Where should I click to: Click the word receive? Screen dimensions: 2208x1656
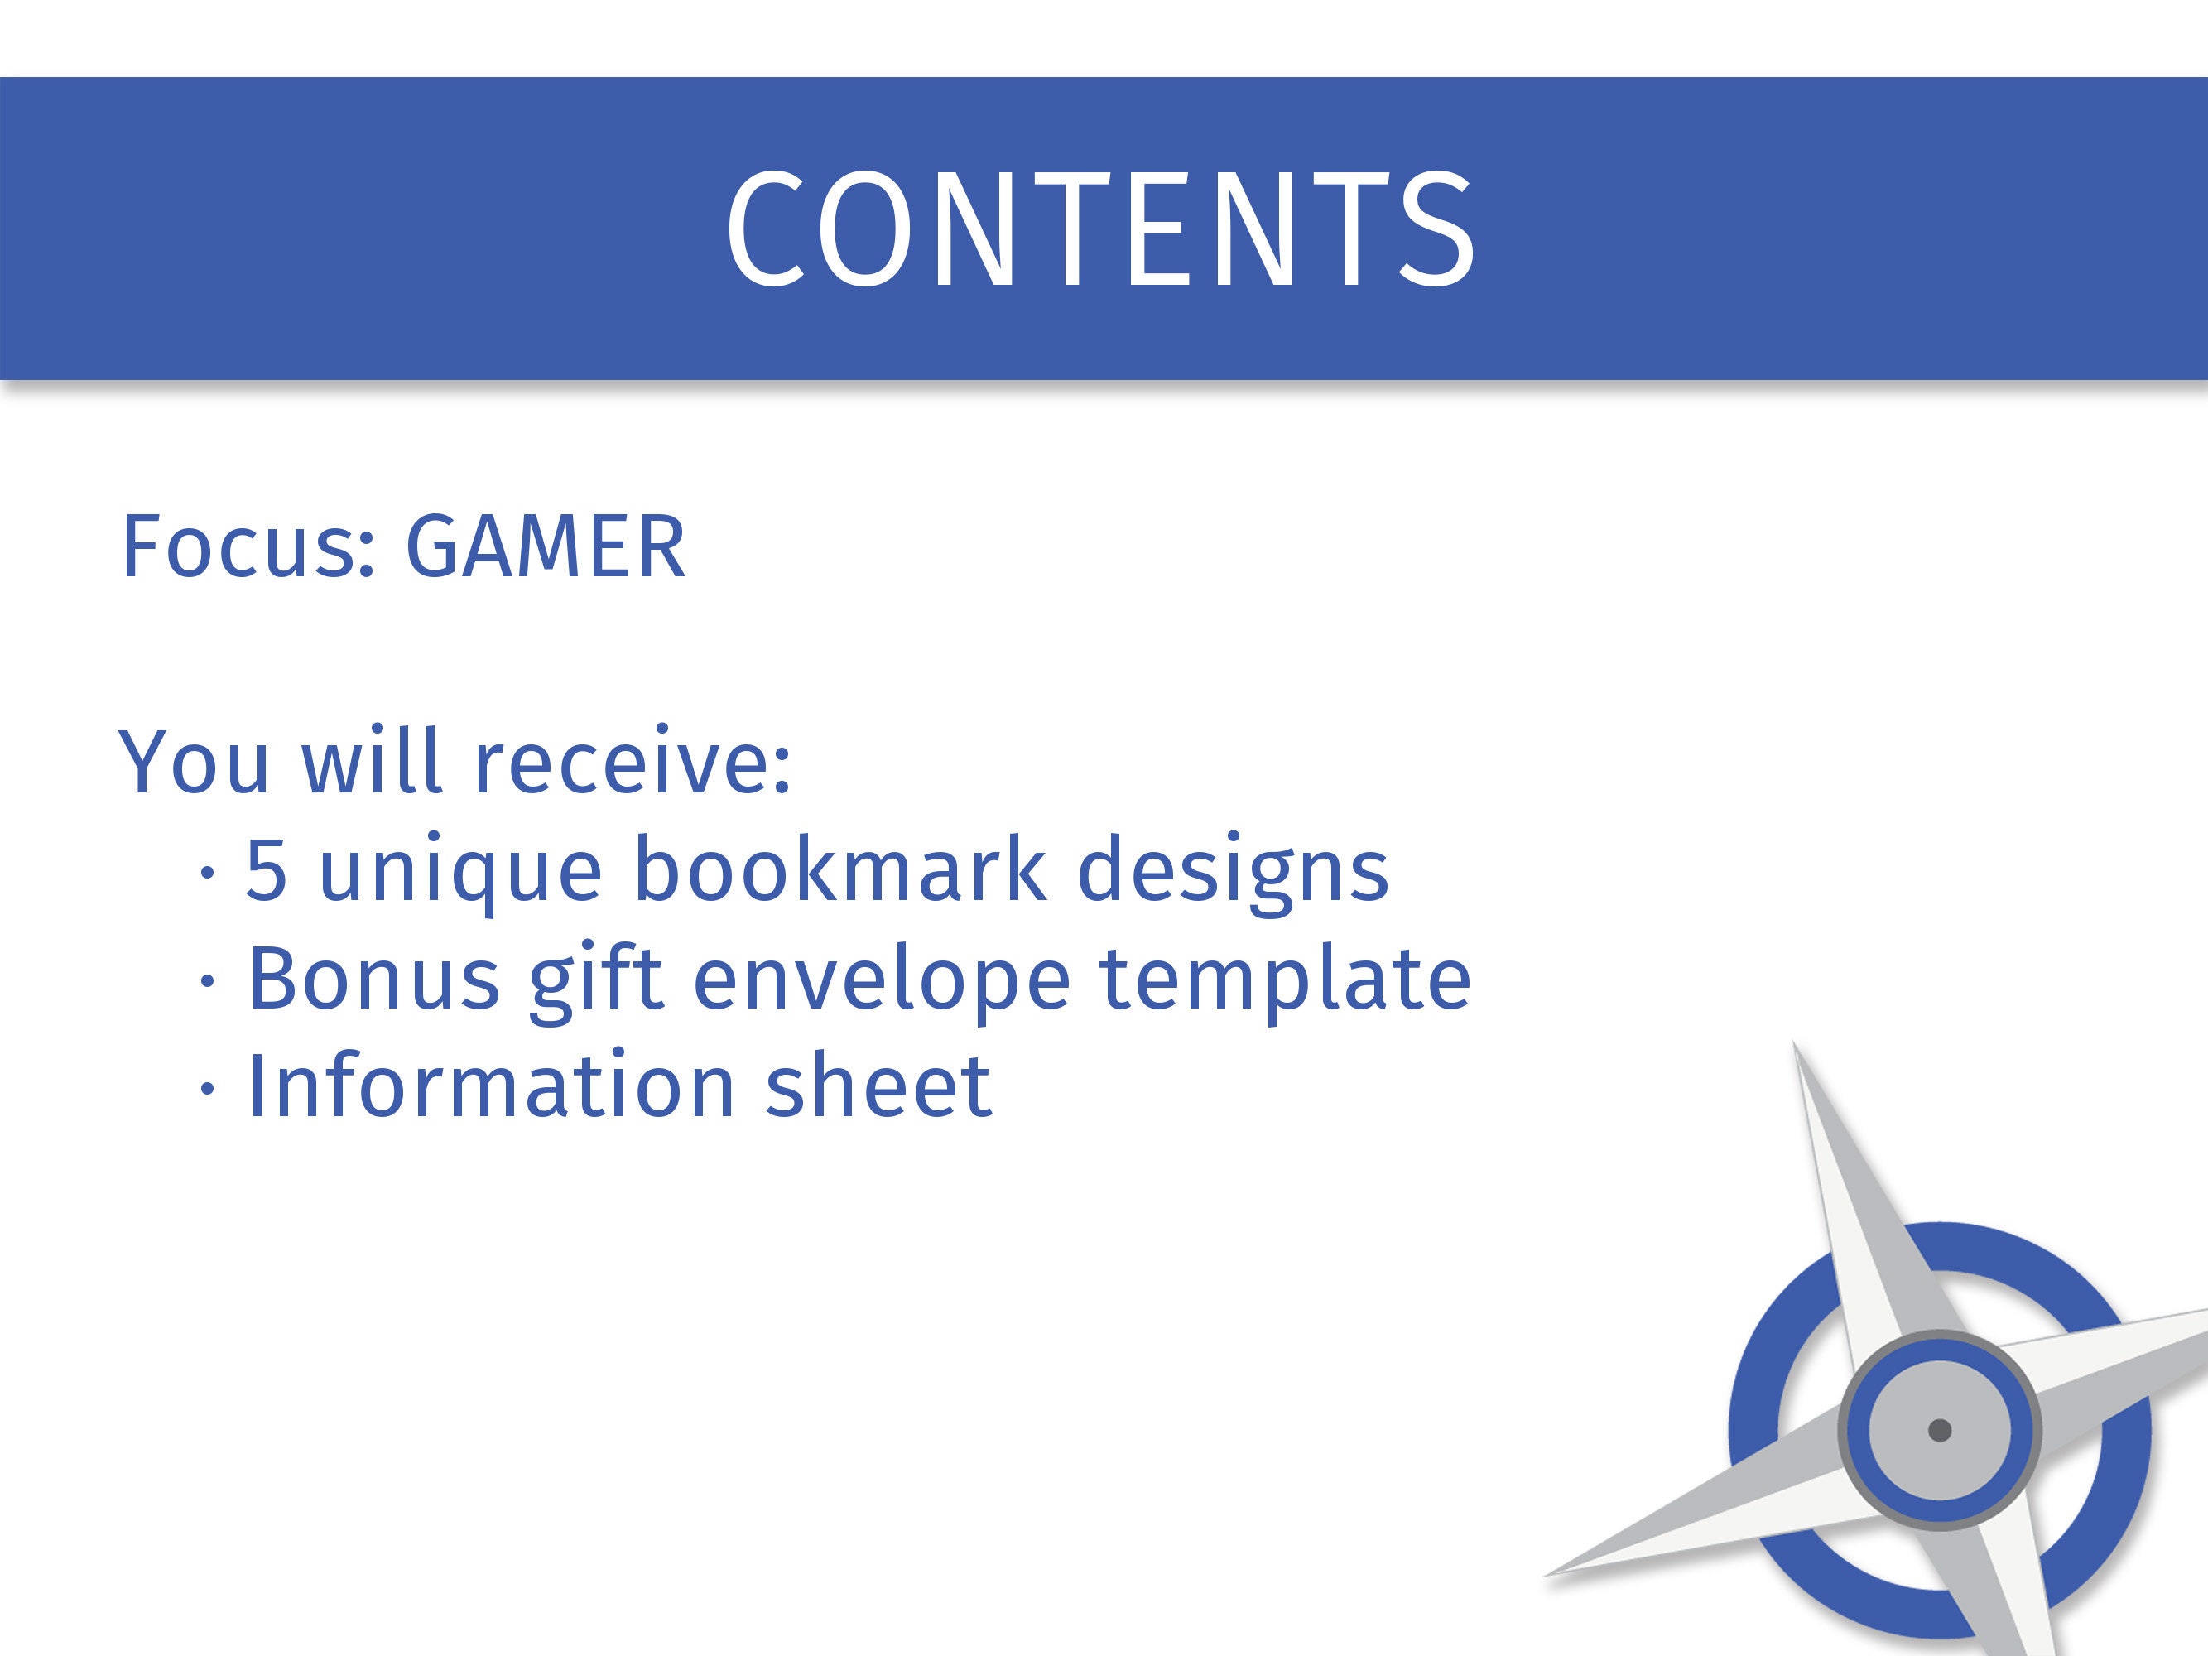click(632, 762)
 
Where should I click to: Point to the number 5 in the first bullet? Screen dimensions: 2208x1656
click(267, 869)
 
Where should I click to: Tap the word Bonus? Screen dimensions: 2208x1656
click(373, 978)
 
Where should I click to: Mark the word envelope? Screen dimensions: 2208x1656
click(883, 982)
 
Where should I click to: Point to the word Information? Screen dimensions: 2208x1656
click(492, 1085)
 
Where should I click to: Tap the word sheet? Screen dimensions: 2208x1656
click(878, 1085)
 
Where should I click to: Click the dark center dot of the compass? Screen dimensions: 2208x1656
click(1940, 1431)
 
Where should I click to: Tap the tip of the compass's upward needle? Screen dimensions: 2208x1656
click(1795, 1043)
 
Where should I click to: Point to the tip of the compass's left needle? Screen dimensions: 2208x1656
click(1547, 1575)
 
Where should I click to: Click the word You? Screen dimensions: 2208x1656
click(195, 762)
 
